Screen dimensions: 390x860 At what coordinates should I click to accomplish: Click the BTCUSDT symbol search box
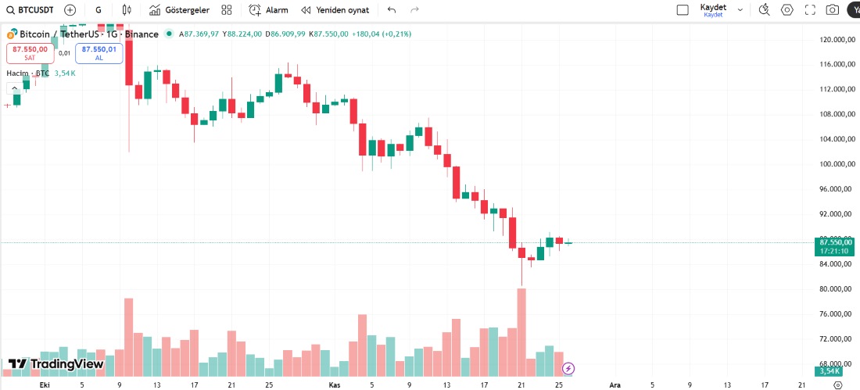coord(31,10)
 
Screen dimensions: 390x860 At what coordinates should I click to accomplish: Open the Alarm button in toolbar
coord(268,10)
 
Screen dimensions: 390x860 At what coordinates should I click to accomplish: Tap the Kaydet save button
coord(713,9)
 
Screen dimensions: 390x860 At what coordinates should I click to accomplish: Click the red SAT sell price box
coord(30,52)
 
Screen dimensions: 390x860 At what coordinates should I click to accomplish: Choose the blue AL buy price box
coord(99,52)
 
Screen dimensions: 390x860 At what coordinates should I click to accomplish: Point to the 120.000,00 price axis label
coord(835,39)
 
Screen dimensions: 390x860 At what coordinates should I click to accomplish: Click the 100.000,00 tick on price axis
coord(835,164)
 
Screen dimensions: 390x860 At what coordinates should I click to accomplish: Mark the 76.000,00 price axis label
coord(835,314)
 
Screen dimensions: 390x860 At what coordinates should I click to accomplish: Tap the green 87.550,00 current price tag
coord(835,242)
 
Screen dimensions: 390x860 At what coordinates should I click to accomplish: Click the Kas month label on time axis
coord(334,385)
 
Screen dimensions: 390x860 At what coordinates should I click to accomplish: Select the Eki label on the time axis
coord(45,385)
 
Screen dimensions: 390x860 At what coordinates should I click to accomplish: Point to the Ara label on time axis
coord(615,385)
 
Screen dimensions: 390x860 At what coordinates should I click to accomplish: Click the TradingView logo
coord(56,363)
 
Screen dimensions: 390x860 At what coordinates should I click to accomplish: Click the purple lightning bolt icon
coord(569,368)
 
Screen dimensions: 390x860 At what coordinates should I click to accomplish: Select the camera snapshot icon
coord(833,10)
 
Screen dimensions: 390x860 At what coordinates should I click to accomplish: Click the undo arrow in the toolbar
coord(392,10)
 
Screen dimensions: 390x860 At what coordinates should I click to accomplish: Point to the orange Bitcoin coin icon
coord(12,34)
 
